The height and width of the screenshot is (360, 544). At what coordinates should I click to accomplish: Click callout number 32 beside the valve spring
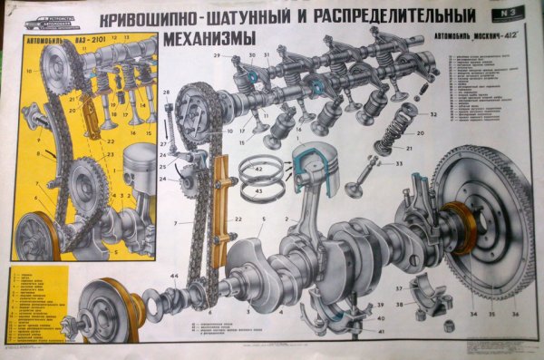pos(433,114)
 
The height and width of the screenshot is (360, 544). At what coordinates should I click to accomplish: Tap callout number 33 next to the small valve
pos(399,163)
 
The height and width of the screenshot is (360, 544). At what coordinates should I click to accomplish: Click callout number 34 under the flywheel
pos(472,314)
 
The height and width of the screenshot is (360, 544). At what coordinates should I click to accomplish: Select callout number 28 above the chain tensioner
pos(167,92)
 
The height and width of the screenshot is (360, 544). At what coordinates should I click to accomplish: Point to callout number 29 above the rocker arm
pos(218,55)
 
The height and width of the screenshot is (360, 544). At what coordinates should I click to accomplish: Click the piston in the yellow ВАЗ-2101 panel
pos(139,168)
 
